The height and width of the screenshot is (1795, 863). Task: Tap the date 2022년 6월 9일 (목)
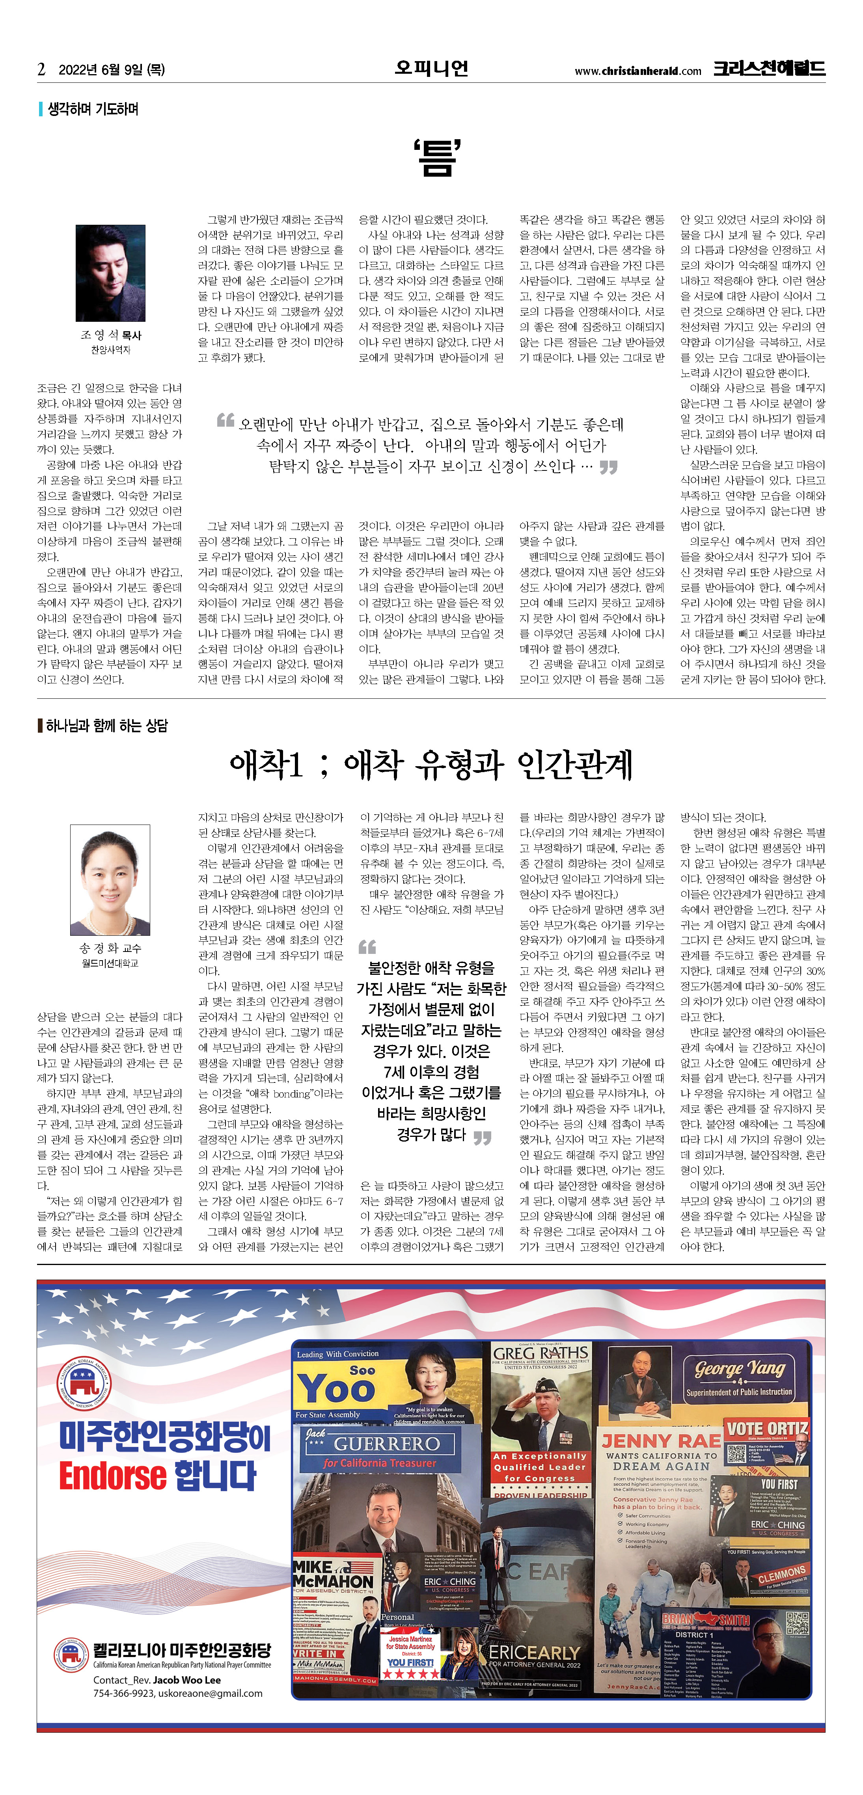(x=112, y=70)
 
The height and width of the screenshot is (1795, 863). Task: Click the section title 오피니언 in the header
(x=431, y=68)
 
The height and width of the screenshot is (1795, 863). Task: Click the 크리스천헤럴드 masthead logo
(x=769, y=68)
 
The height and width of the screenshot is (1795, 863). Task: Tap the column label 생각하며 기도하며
(x=93, y=109)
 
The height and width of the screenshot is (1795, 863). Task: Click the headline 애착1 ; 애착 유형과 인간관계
(x=431, y=764)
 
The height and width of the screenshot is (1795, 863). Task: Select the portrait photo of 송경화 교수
(x=110, y=879)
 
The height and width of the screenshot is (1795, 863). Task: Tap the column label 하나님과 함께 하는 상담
(x=106, y=726)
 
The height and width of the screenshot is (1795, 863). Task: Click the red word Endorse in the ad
(x=113, y=1476)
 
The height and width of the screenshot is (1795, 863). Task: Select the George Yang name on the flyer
(x=740, y=1369)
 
